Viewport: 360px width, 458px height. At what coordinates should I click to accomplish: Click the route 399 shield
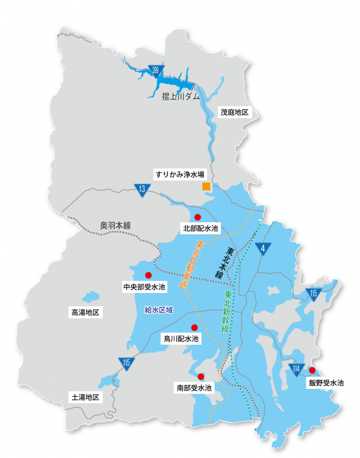155,70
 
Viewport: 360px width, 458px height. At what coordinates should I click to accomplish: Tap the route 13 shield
142,189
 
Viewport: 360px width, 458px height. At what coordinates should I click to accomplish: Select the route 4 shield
263,250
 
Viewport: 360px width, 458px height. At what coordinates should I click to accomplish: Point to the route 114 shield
296,369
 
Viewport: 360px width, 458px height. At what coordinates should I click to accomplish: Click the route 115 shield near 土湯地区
127,363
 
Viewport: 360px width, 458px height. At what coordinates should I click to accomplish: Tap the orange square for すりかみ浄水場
206,187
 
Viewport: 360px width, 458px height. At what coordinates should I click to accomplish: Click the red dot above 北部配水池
198,217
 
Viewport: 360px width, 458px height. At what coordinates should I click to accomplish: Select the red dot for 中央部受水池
148,275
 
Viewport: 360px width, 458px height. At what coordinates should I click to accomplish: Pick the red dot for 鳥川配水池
194,327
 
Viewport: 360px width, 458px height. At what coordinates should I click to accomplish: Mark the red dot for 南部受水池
201,376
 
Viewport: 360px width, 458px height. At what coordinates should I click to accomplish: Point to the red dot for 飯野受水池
312,370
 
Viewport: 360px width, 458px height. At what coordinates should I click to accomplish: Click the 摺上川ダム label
181,97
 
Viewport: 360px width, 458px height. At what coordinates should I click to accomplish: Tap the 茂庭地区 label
234,112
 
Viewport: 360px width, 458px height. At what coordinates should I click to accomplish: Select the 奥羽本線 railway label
115,225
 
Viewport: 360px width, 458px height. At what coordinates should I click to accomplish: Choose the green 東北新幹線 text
227,311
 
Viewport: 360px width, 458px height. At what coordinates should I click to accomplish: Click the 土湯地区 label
85,397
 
